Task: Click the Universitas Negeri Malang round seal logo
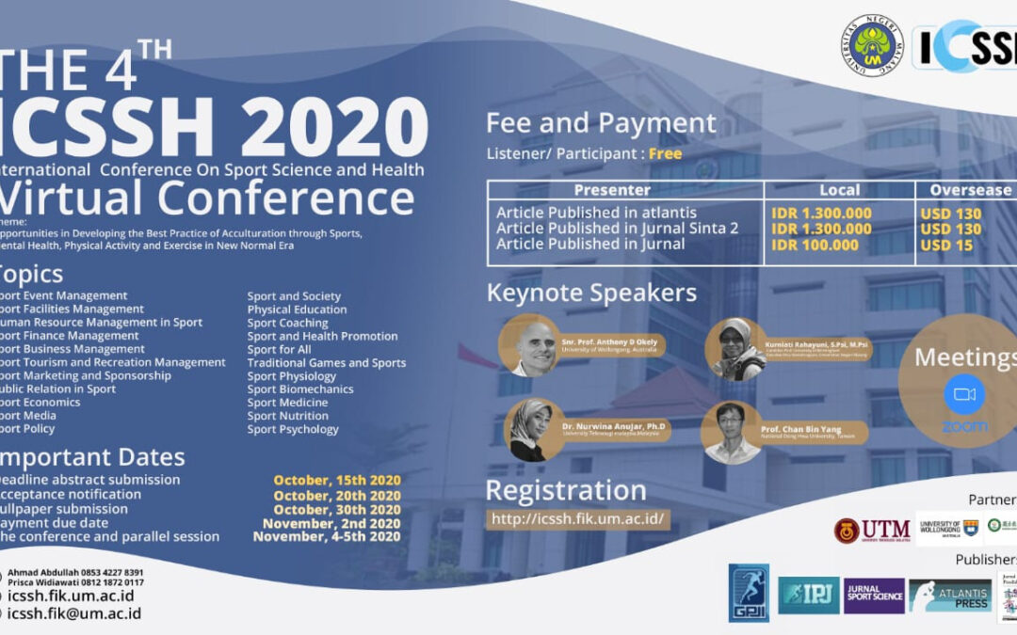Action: point(872,45)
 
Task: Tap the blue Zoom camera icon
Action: point(964,394)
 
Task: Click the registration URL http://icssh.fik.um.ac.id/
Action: point(579,518)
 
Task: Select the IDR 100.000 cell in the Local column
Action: point(815,246)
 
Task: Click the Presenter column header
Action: point(625,190)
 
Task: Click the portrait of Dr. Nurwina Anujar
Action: point(529,430)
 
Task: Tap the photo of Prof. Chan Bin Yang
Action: point(732,432)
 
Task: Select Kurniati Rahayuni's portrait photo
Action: point(737,349)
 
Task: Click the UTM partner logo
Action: point(872,531)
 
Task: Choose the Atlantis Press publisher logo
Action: point(949,595)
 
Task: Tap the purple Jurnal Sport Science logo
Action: point(874,595)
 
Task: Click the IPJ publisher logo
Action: point(808,595)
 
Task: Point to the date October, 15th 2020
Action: point(337,481)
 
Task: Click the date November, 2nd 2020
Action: point(331,524)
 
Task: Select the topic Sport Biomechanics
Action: point(300,389)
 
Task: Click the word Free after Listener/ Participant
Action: point(665,153)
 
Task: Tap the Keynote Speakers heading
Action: point(591,294)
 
